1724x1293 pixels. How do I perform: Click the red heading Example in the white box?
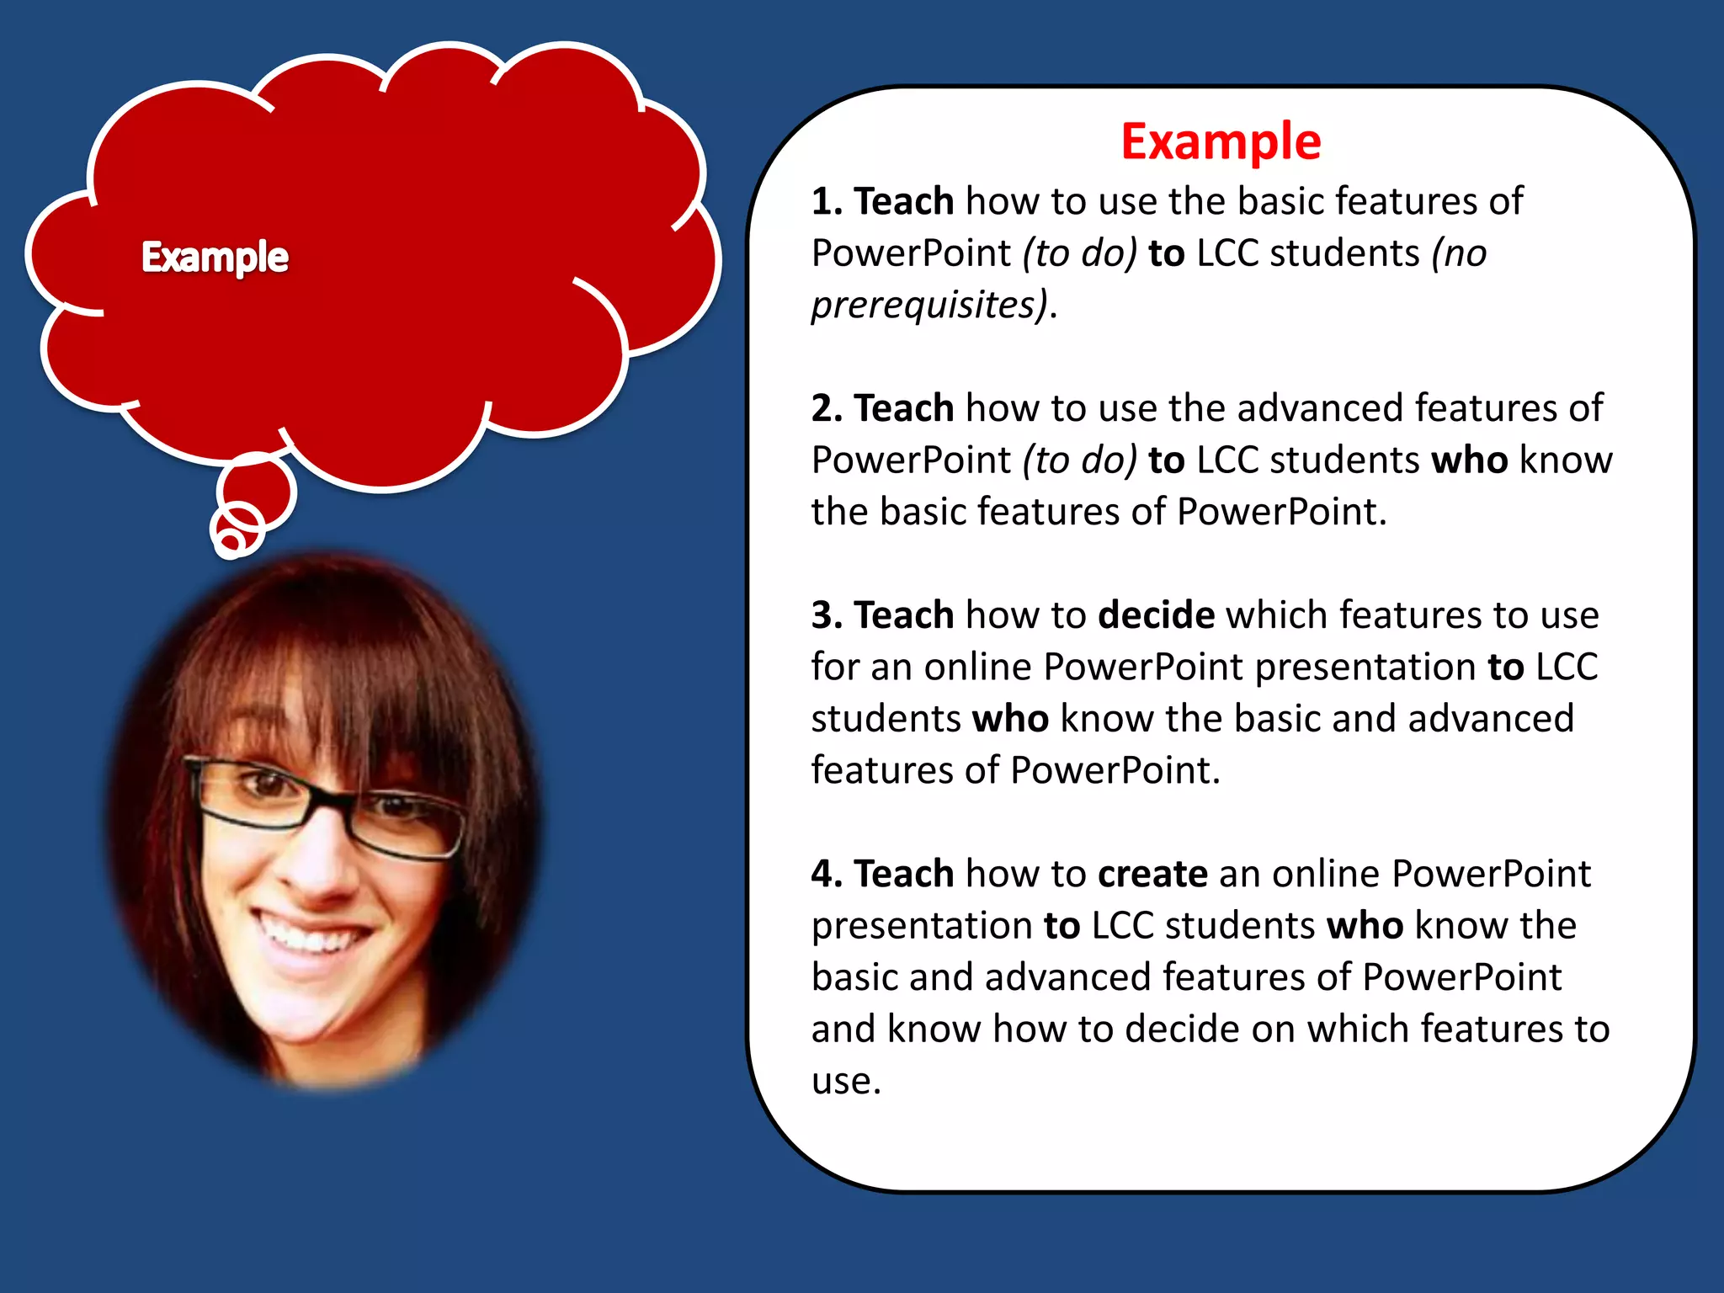coord(1221,141)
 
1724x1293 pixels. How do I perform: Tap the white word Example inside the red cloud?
coord(215,257)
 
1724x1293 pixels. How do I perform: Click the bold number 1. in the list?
coord(827,202)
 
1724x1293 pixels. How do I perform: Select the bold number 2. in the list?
coord(827,408)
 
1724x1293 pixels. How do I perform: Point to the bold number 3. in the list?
coord(827,615)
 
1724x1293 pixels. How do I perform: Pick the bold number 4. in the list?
coord(827,874)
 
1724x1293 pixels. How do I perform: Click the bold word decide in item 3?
coord(1156,615)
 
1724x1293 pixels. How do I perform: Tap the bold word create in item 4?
coord(1152,874)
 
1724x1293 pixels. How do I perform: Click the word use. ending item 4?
coord(845,1081)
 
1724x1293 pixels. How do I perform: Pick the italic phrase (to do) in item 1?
coord(1079,254)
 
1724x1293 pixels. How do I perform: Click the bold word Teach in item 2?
coord(903,408)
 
